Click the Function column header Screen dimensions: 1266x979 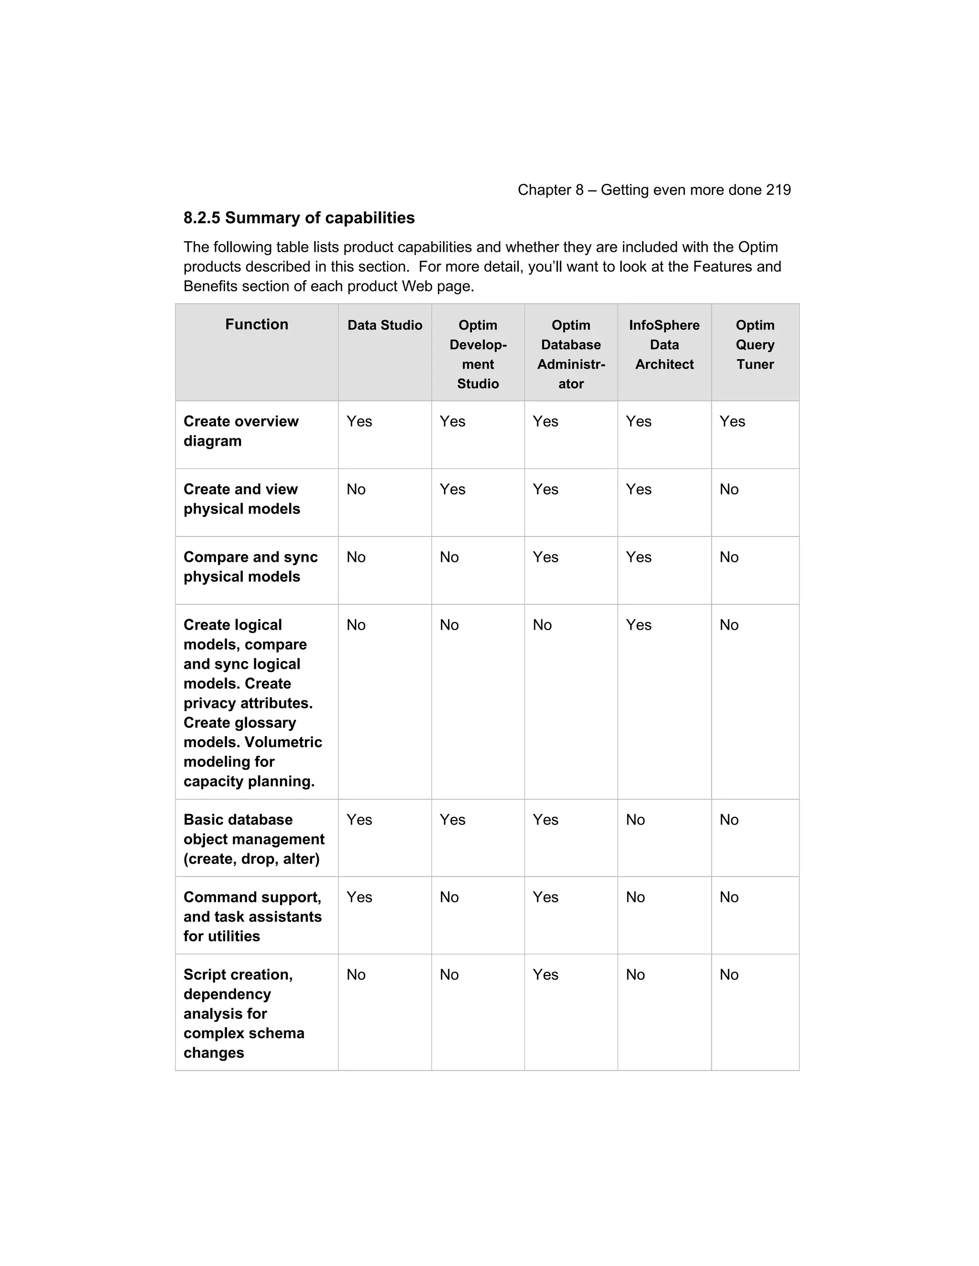256,324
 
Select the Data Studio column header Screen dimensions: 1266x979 384,325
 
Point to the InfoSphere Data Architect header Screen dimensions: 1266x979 664,344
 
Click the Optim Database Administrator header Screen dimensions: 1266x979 571,354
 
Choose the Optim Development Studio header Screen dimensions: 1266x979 478,354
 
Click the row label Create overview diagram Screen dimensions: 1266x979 241,431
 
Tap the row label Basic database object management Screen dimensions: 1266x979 253,839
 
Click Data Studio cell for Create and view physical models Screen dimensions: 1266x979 356,489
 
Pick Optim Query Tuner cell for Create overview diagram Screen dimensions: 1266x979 732,421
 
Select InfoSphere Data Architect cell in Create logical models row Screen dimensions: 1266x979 639,625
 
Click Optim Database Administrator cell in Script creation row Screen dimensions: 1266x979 545,975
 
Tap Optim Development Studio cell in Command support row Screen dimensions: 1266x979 449,897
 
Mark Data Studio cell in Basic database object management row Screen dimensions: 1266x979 359,820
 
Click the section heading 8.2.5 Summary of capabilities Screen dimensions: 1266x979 299,218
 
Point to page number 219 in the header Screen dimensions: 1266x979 778,190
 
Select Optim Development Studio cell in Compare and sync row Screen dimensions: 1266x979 449,557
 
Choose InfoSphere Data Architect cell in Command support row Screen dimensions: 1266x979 635,897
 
